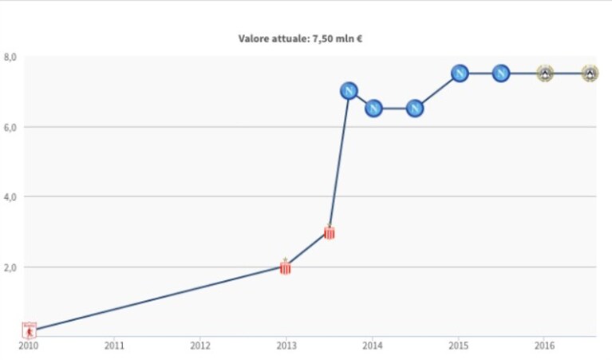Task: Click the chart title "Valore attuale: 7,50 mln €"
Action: pos(300,38)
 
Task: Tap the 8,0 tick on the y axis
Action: pos(10,57)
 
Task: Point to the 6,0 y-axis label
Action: pos(10,127)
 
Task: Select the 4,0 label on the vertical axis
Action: pos(10,197)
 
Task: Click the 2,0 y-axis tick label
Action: pos(10,267)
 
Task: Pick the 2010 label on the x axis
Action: pos(29,346)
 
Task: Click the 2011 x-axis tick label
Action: pos(114,346)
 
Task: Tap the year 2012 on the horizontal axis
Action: pos(199,346)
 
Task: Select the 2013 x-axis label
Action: pos(286,346)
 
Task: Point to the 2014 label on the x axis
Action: pos(373,346)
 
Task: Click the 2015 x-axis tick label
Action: pos(459,346)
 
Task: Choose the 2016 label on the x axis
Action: pos(544,346)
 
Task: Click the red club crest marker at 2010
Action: pos(30,330)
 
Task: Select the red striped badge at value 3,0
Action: pos(330,232)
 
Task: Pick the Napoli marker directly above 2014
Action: pos(373,108)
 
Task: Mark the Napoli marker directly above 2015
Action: pos(460,73)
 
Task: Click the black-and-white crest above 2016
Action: pos(545,73)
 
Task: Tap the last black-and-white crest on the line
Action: pos(590,73)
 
